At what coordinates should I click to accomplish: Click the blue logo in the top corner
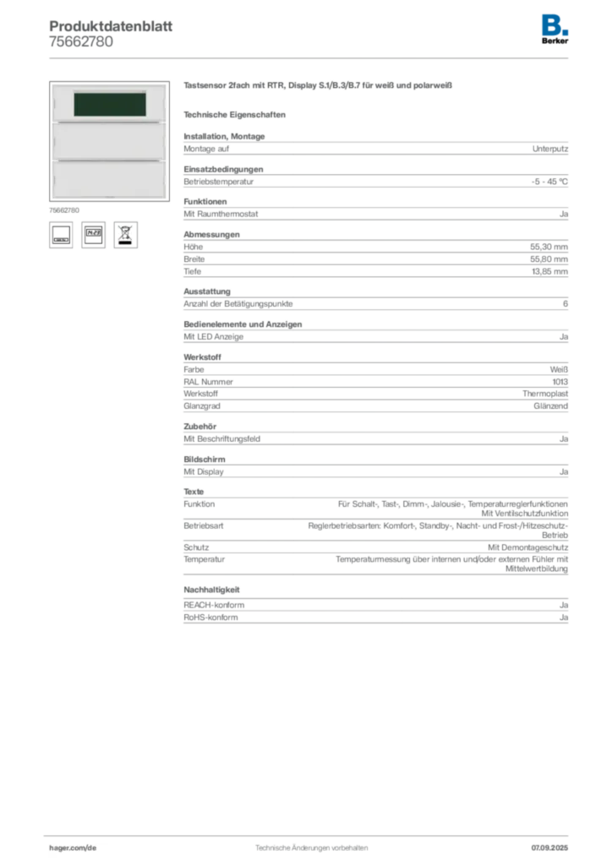[x=555, y=24]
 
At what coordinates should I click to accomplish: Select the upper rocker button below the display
[x=108, y=141]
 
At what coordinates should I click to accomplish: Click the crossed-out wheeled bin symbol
[x=125, y=233]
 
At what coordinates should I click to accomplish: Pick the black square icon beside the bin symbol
[x=94, y=234]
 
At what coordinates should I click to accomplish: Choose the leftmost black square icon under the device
[x=60, y=234]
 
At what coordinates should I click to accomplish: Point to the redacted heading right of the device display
[x=321, y=85]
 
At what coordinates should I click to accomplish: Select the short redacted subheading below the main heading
[x=238, y=114]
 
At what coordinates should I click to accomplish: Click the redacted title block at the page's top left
[x=110, y=34]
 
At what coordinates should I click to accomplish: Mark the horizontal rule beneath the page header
[x=310, y=57]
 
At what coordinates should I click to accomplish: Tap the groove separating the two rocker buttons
[x=108, y=160]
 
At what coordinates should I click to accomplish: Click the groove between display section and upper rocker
[x=108, y=123]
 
